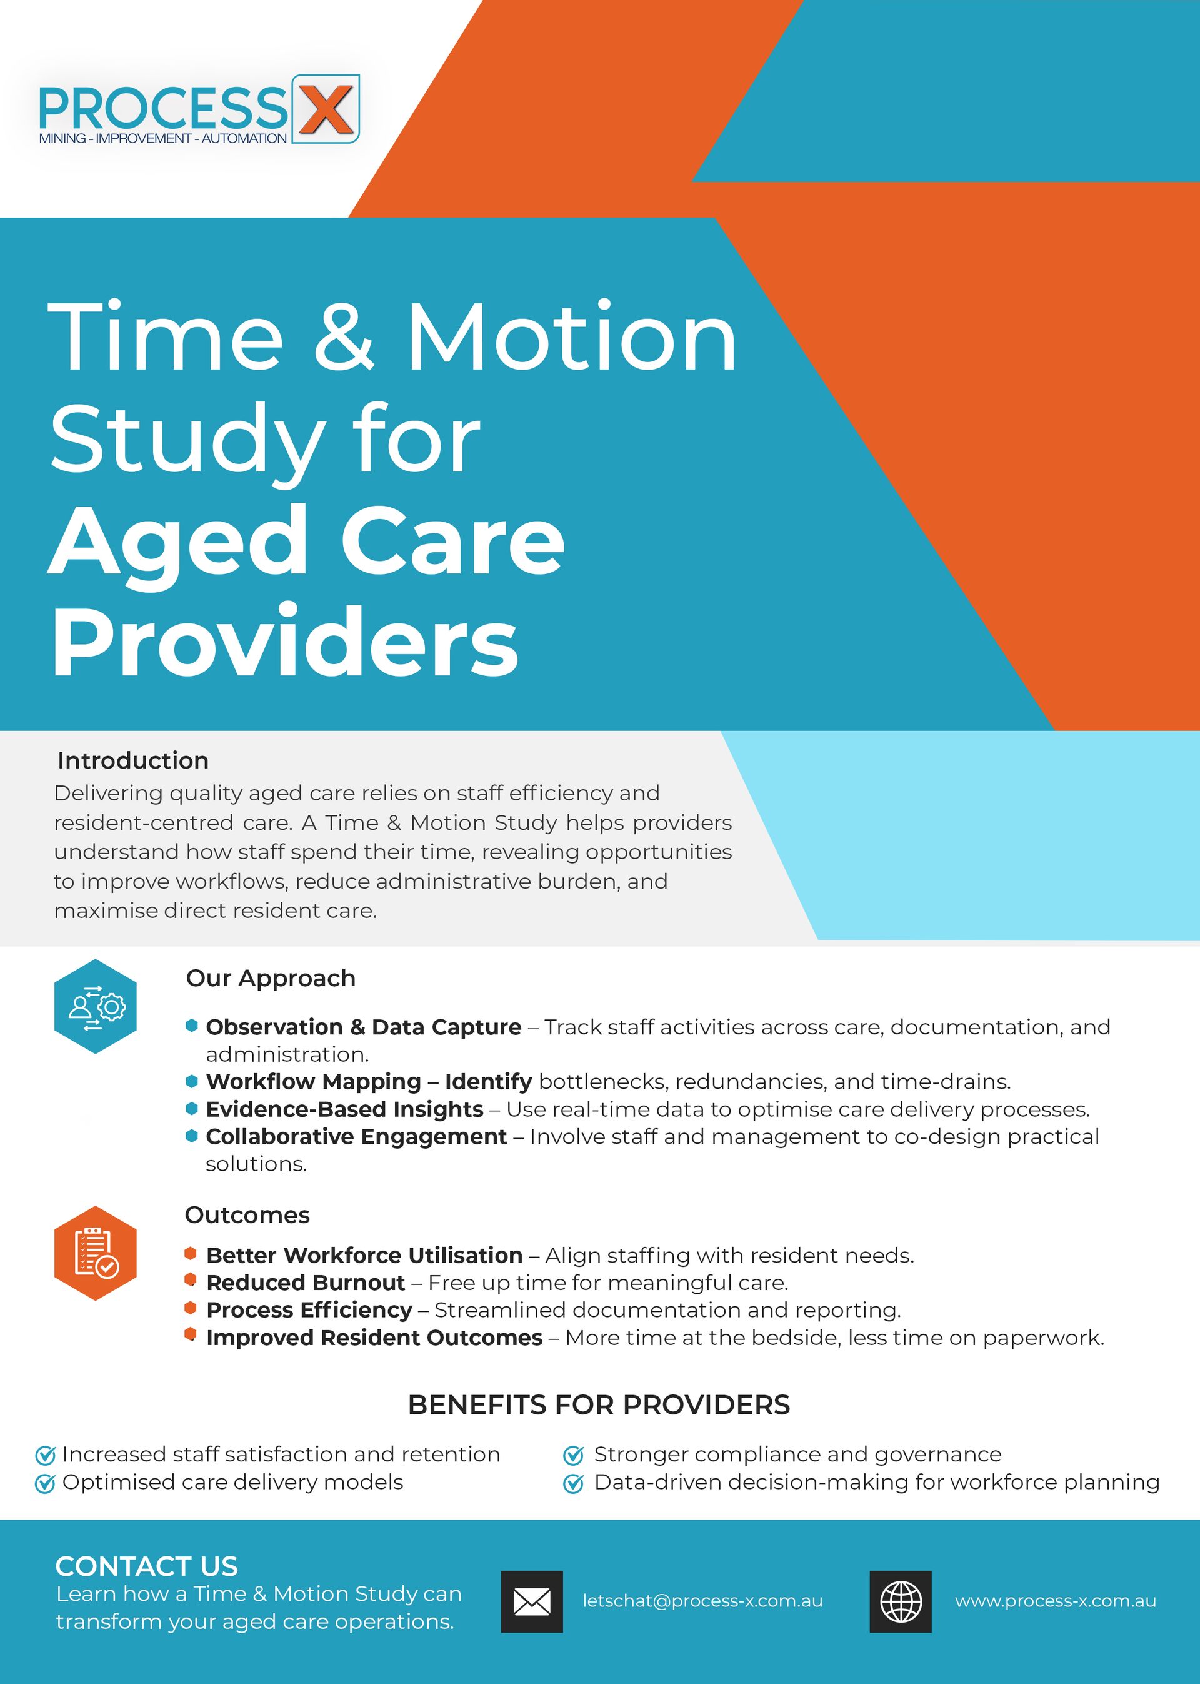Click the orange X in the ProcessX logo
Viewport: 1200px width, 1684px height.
(x=326, y=109)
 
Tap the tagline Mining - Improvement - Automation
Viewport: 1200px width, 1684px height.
(x=163, y=138)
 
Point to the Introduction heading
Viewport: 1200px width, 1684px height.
(x=133, y=760)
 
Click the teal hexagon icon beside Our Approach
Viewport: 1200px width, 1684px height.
(x=96, y=1006)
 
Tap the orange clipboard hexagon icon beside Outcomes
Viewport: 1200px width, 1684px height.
(x=96, y=1253)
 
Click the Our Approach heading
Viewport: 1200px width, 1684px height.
(x=271, y=978)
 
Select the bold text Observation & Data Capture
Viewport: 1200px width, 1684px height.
(x=364, y=1027)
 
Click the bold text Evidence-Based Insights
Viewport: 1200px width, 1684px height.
(x=344, y=1109)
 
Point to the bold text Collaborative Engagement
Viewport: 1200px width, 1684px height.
(x=356, y=1136)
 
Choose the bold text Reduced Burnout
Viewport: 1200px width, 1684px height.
(x=306, y=1282)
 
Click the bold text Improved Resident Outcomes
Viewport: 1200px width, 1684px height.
(x=374, y=1338)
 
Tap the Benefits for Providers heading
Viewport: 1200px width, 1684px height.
(x=599, y=1404)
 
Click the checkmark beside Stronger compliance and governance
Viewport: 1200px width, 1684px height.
(x=573, y=1455)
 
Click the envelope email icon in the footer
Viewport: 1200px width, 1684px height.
(x=532, y=1602)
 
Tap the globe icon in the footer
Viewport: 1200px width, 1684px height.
(x=901, y=1602)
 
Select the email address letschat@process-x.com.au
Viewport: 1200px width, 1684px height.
(x=702, y=1601)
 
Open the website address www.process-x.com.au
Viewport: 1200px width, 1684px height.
(x=1056, y=1601)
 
